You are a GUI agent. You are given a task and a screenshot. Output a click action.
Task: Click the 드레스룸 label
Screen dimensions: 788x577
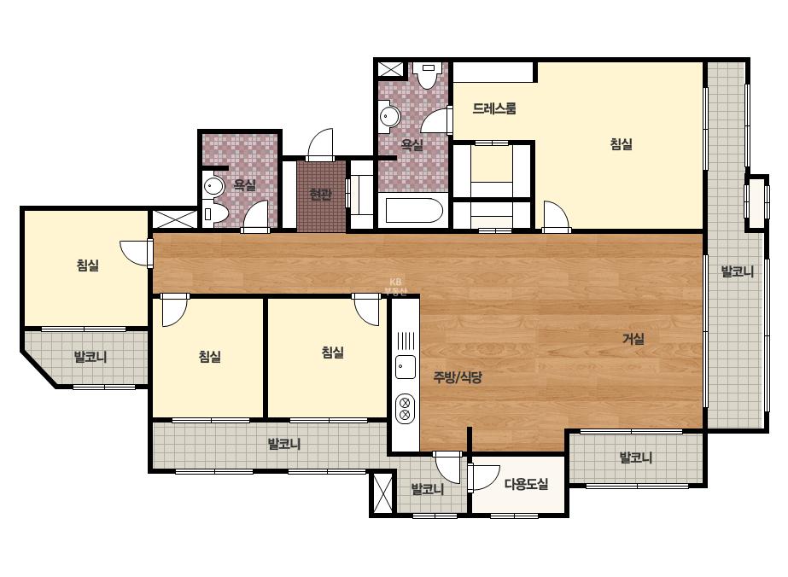pos(494,108)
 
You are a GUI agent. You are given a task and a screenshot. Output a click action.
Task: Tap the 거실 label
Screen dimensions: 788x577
pos(633,339)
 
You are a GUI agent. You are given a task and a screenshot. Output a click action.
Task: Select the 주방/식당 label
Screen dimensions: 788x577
pos(458,377)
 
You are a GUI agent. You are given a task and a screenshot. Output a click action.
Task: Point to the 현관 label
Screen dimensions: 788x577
pos(321,194)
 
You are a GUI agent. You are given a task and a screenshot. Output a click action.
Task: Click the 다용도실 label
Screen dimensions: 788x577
pos(526,484)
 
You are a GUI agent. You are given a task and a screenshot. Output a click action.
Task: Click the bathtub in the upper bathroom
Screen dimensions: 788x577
pos(413,211)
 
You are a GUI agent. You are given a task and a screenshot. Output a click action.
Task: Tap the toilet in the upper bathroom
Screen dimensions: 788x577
pos(428,75)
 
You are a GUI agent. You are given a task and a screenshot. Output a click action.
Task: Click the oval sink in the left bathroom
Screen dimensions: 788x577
pos(213,186)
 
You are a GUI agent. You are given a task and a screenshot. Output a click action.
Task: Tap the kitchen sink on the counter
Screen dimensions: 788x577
pos(406,367)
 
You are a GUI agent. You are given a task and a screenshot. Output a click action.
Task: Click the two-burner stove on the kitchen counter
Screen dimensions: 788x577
pos(405,408)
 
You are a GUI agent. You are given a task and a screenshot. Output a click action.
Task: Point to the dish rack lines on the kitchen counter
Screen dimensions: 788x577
pos(406,341)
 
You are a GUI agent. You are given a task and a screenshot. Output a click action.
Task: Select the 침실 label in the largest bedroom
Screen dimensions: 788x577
pos(622,144)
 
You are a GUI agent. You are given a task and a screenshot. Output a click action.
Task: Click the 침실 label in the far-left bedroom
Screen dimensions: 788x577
pos(87,265)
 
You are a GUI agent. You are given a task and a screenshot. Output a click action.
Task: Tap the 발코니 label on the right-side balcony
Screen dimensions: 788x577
pos(738,271)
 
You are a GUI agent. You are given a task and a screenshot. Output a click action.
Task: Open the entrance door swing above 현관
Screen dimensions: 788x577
pos(319,145)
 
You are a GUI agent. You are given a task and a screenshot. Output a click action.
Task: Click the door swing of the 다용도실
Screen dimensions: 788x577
pos(483,477)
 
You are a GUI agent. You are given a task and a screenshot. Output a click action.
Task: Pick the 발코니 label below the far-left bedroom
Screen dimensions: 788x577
pos(90,357)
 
